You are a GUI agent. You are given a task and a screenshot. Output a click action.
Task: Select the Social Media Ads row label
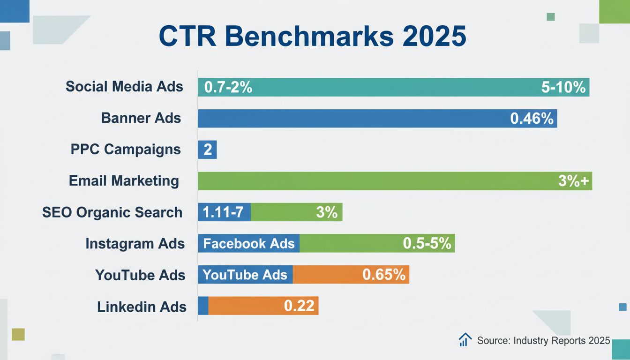pyautogui.click(x=124, y=87)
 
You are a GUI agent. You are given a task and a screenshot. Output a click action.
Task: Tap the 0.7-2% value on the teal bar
pyautogui.click(x=225, y=87)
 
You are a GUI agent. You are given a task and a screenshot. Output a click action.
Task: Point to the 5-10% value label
pyautogui.click(x=563, y=87)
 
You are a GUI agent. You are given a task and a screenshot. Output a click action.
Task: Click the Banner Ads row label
pyautogui.click(x=141, y=118)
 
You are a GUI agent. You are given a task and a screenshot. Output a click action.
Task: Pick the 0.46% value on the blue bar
pyautogui.click(x=532, y=119)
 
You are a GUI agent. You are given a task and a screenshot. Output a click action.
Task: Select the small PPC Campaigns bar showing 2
pyautogui.click(x=207, y=150)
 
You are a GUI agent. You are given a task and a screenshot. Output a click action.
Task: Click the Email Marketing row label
pyautogui.click(x=124, y=181)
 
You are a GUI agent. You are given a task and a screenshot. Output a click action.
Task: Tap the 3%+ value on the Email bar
pyautogui.click(x=573, y=181)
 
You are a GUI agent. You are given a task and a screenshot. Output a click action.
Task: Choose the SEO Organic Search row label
pyautogui.click(x=112, y=212)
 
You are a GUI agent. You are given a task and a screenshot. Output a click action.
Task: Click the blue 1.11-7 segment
pyautogui.click(x=224, y=212)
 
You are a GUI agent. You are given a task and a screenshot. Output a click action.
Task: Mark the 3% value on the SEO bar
pyautogui.click(x=327, y=212)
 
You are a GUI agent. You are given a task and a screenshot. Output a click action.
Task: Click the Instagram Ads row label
pyautogui.click(x=135, y=244)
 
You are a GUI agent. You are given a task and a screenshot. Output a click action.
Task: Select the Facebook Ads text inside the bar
pyautogui.click(x=248, y=244)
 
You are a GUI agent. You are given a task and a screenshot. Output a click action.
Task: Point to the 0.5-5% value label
pyautogui.click(x=427, y=244)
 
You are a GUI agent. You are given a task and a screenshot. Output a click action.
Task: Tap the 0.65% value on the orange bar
pyautogui.click(x=383, y=275)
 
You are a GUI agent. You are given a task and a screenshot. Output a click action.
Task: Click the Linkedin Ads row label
pyautogui.click(x=142, y=307)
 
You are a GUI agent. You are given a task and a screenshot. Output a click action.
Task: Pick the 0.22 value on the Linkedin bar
pyautogui.click(x=299, y=306)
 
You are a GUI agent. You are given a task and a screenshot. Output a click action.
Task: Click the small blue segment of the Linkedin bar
pyautogui.click(x=203, y=306)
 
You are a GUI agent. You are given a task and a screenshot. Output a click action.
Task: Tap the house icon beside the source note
pyautogui.click(x=465, y=340)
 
